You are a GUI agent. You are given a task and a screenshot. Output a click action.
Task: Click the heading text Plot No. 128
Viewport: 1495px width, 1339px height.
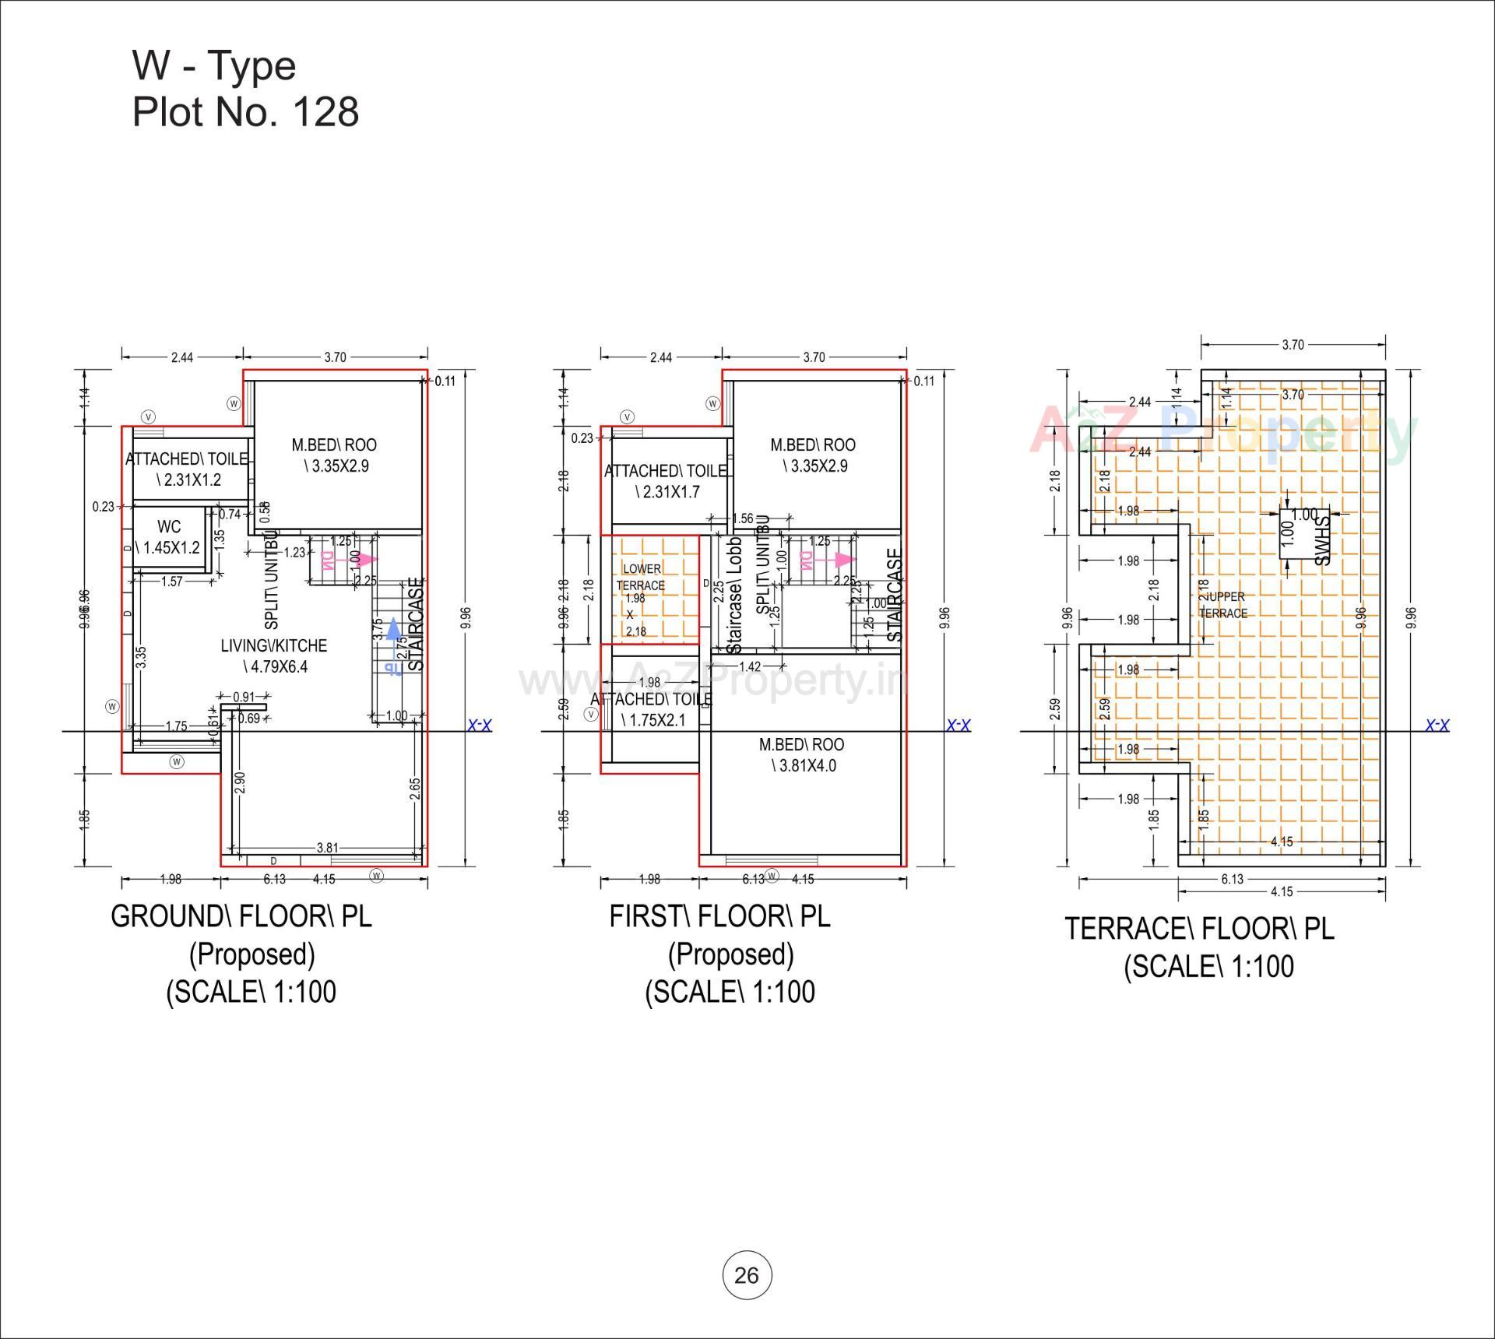click(245, 112)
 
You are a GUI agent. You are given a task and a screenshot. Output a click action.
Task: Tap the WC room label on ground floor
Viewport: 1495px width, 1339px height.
click(168, 527)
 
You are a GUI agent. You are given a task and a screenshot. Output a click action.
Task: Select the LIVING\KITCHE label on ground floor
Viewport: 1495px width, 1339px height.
click(273, 645)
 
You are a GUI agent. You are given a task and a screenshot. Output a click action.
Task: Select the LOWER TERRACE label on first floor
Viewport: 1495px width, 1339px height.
click(642, 577)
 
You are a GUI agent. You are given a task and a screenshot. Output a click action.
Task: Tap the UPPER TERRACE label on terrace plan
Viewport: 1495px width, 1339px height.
click(1224, 605)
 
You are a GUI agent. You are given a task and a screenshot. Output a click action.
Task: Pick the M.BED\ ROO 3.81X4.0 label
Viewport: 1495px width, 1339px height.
click(801, 754)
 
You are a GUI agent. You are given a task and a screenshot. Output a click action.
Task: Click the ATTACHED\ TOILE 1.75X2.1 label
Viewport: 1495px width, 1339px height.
click(653, 709)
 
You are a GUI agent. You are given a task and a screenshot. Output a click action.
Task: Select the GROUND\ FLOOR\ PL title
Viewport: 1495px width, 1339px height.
click(241, 916)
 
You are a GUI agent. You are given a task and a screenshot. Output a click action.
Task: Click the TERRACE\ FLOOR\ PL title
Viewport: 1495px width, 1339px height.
click(1199, 929)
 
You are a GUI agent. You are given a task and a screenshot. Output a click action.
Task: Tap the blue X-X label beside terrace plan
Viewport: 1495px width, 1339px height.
click(1437, 726)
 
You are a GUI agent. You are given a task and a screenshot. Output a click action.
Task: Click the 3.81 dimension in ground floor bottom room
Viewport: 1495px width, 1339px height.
click(327, 848)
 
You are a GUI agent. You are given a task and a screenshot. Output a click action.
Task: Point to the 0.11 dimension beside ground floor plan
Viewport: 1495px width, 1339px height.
click(445, 381)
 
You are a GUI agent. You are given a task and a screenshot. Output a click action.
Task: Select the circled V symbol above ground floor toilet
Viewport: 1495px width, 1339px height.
click(150, 416)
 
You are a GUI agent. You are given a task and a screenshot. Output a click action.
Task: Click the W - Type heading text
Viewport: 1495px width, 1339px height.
click(214, 66)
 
